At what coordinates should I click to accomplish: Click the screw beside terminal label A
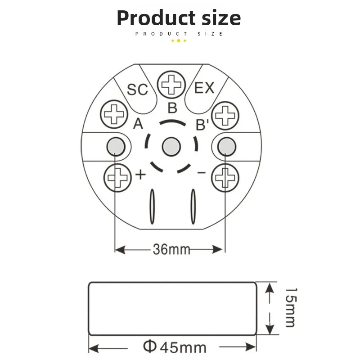114,114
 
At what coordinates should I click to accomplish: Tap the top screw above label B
171,85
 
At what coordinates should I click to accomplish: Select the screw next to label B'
225,116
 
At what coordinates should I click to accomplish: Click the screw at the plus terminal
117,178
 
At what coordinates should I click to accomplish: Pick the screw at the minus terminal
225,178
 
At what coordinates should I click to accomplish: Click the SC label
138,90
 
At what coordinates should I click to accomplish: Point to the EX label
204,88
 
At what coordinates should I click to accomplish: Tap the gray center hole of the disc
171,147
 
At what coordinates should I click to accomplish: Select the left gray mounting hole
116,147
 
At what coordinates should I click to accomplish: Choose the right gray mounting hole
227,147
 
